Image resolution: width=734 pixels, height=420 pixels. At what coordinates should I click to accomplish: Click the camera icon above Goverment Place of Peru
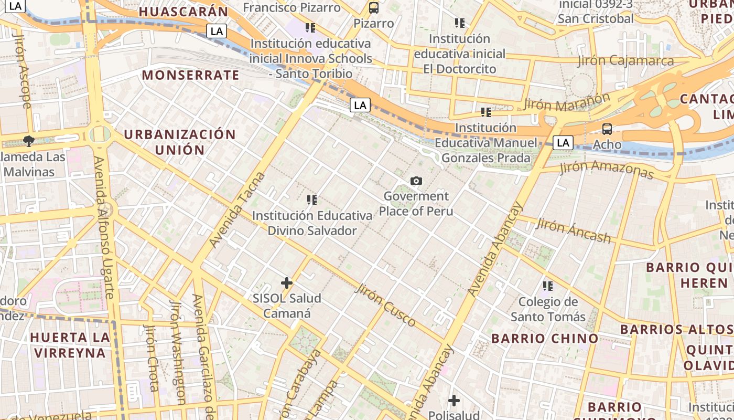coord(416,181)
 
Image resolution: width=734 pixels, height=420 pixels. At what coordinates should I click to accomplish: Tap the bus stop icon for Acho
coord(607,129)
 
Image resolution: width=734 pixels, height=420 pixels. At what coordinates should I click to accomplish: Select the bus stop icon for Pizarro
coord(373,8)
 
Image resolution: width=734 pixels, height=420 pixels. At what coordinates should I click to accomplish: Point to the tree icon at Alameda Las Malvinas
coord(28,141)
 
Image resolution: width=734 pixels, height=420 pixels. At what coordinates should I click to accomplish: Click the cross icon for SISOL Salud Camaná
coord(287,283)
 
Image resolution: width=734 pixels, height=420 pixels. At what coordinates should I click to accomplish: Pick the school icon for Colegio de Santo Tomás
coord(548,286)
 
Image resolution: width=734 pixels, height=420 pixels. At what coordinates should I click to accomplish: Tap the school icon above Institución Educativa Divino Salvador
coord(312,199)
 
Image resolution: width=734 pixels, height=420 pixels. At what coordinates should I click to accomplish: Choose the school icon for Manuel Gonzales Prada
coord(486,112)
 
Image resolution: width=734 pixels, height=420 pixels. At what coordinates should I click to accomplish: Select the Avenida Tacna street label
coord(238,210)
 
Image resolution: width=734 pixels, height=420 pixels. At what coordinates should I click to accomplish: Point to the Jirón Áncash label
coord(574,231)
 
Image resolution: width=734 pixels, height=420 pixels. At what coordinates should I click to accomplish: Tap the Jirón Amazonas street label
coord(607,169)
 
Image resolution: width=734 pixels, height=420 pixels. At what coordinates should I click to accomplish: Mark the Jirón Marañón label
coord(567,102)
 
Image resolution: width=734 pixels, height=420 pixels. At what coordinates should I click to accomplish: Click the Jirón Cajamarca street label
coord(625,61)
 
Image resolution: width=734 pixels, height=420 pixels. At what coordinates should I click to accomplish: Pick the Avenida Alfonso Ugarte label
coord(104,227)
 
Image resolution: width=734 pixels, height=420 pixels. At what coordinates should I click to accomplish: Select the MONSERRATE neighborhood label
coord(190,75)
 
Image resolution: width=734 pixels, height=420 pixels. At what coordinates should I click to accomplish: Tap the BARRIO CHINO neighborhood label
coord(545,338)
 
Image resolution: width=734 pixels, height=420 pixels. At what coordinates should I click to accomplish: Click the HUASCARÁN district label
coord(183,12)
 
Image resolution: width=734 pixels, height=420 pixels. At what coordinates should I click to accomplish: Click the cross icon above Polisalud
coord(454,401)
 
